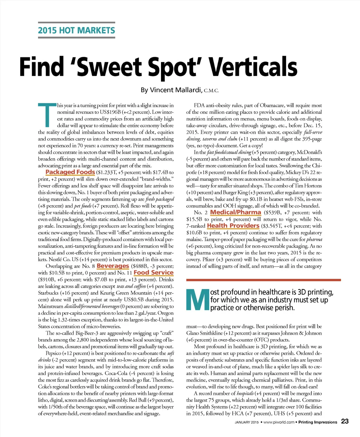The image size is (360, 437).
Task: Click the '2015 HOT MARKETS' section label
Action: tap(76, 30)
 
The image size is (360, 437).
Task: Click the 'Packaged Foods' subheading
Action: tap(70, 172)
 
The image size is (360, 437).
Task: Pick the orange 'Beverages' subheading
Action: tap(113, 266)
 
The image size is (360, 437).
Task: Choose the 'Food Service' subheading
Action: tap(154, 272)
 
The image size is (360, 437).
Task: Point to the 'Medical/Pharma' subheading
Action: tap(236, 212)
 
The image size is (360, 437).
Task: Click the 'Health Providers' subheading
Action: tap(233, 226)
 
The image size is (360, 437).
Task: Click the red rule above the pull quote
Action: tap(263, 280)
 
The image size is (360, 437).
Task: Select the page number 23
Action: tap(345, 422)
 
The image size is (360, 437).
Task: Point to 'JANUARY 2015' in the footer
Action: tap(246, 422)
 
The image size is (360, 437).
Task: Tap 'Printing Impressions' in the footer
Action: tap(317, 422)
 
